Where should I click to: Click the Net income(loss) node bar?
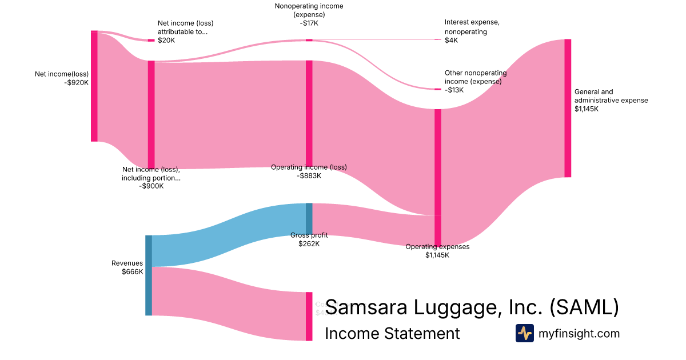[x=94, y=86]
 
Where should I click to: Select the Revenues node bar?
[x=149, y=275]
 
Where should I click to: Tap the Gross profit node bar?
[x=309, y=219]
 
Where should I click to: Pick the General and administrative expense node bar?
[x=568, y=108]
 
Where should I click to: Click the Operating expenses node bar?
[x=438, y=177]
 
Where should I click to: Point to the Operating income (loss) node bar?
[x=309, y=113]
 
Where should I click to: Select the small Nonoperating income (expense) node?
[x=309, y=40]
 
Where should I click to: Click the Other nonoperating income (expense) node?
[x=438, y=89]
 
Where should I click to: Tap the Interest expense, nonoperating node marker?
[x=438, y=39]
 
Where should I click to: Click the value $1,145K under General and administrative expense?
[x=587, y=109]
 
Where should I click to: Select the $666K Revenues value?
[x=132, y=271]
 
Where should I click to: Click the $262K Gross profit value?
[x=309, y=243]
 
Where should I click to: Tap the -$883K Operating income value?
[x=309, y=175]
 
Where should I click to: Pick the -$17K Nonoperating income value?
[x=309, y=23]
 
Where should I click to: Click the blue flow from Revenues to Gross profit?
[x=229, y=234]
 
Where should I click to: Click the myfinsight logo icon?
[x=525, y=333]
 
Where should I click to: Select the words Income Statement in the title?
[x=392, y=333]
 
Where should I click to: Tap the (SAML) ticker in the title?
[x=584, y=307]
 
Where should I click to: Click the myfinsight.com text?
[x=579, y=333]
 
